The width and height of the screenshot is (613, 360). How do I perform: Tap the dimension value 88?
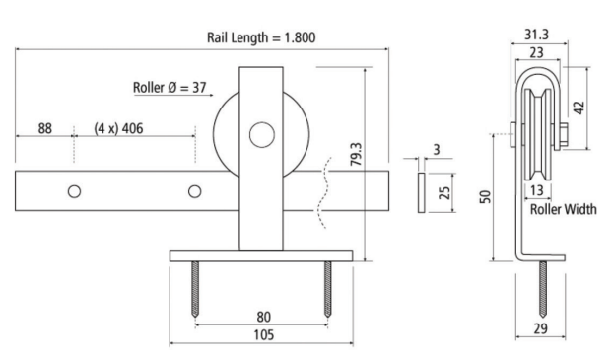tap(45, 127)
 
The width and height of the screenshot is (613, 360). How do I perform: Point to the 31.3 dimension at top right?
tap(536, 35)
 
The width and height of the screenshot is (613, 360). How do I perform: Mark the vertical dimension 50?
tap(484, 197)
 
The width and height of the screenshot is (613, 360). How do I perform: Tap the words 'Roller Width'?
tap(563, 210)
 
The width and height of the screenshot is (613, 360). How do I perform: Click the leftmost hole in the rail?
tap(74, 190)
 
